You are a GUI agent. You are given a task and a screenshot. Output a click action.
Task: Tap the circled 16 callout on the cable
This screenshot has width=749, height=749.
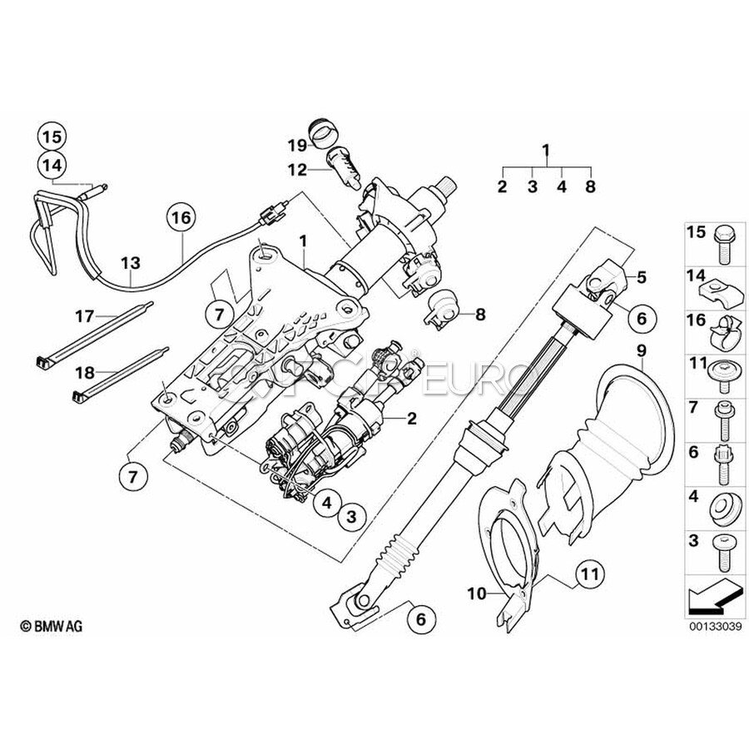pos(182,219)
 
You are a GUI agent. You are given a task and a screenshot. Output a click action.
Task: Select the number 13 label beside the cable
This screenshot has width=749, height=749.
pos(131,262)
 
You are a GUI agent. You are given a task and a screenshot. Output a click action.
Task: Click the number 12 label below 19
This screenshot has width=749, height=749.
pos(298,170)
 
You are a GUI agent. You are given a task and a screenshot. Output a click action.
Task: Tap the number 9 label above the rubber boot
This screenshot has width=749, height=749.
pos(641,350)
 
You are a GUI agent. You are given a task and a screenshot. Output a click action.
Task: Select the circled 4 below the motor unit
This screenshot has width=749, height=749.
pos(327,503)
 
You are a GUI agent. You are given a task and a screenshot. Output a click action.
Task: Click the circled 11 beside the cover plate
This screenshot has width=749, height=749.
pos(590,573)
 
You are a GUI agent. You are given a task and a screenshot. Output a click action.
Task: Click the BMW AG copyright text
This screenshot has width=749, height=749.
pos(57,625)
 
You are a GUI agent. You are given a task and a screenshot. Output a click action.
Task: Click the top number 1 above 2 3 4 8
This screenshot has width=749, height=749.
pos(546,151)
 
